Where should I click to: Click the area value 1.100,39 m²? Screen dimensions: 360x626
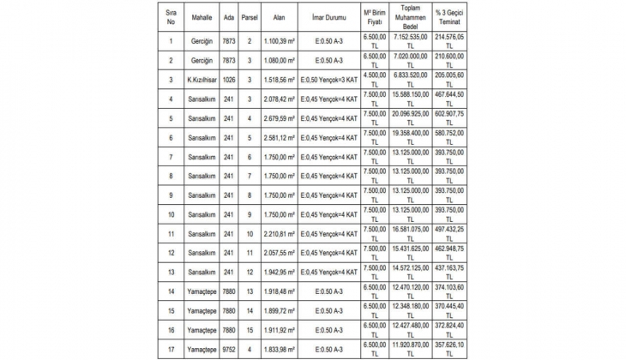280,41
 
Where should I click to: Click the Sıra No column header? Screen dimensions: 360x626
171,16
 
